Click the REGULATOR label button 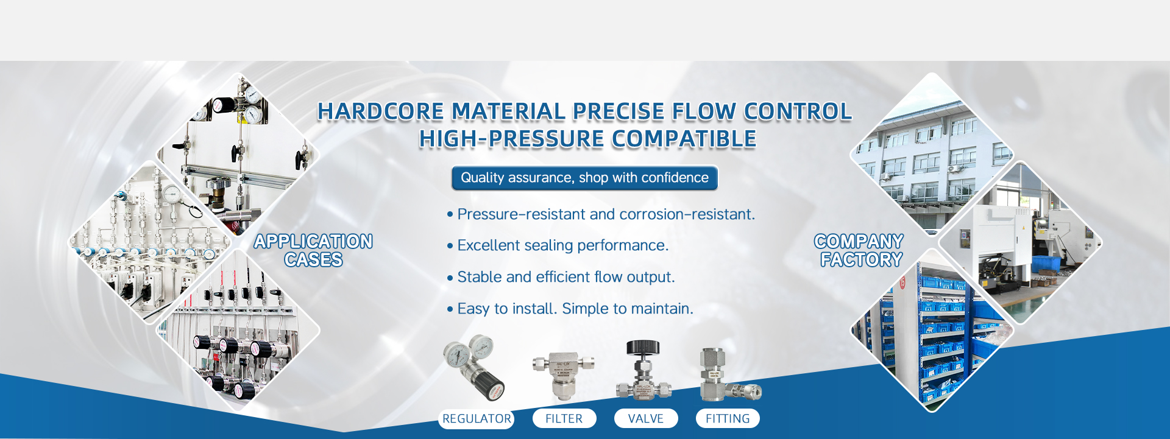477,419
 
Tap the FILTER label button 564,419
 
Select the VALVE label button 646,419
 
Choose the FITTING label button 728,419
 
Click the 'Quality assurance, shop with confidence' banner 584,178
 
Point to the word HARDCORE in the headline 381,111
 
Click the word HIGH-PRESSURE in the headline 512,139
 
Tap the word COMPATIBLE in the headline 684,139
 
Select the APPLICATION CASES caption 313,250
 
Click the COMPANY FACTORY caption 859,250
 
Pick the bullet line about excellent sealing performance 558,245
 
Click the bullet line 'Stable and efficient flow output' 561,277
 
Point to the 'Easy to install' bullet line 570,309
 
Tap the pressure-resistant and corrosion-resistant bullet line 601,214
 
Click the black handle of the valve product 643,347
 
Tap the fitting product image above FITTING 729,375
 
